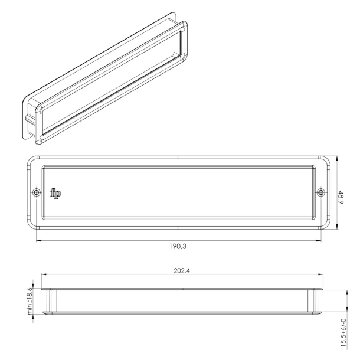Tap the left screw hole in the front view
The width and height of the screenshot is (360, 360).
(x=37, y=192)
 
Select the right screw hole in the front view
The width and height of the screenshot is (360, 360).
(x=321, y=192)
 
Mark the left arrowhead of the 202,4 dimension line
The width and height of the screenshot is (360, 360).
(x=42, y=276)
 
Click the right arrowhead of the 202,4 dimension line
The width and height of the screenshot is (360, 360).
(x=324, y=276)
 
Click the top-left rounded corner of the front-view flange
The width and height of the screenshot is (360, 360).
(x=31, y=160)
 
